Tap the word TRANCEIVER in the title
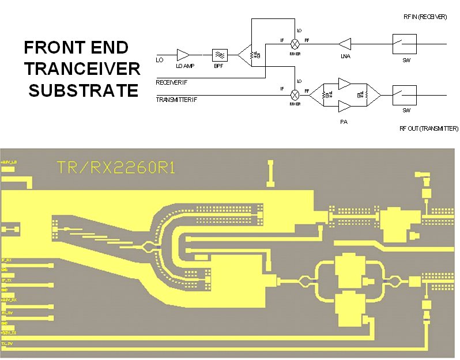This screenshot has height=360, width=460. coord(82,69)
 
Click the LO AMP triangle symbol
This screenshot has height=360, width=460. coord(183,55)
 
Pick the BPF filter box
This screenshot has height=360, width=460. coord(220,55)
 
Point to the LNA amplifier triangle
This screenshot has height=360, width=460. coord(345,43)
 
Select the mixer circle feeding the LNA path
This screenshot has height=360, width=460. coord(295,43)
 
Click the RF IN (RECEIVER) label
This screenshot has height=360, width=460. coord(425,17)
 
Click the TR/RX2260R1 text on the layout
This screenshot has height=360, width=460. coord(116,168)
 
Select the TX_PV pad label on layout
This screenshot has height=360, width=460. coord(7,343)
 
